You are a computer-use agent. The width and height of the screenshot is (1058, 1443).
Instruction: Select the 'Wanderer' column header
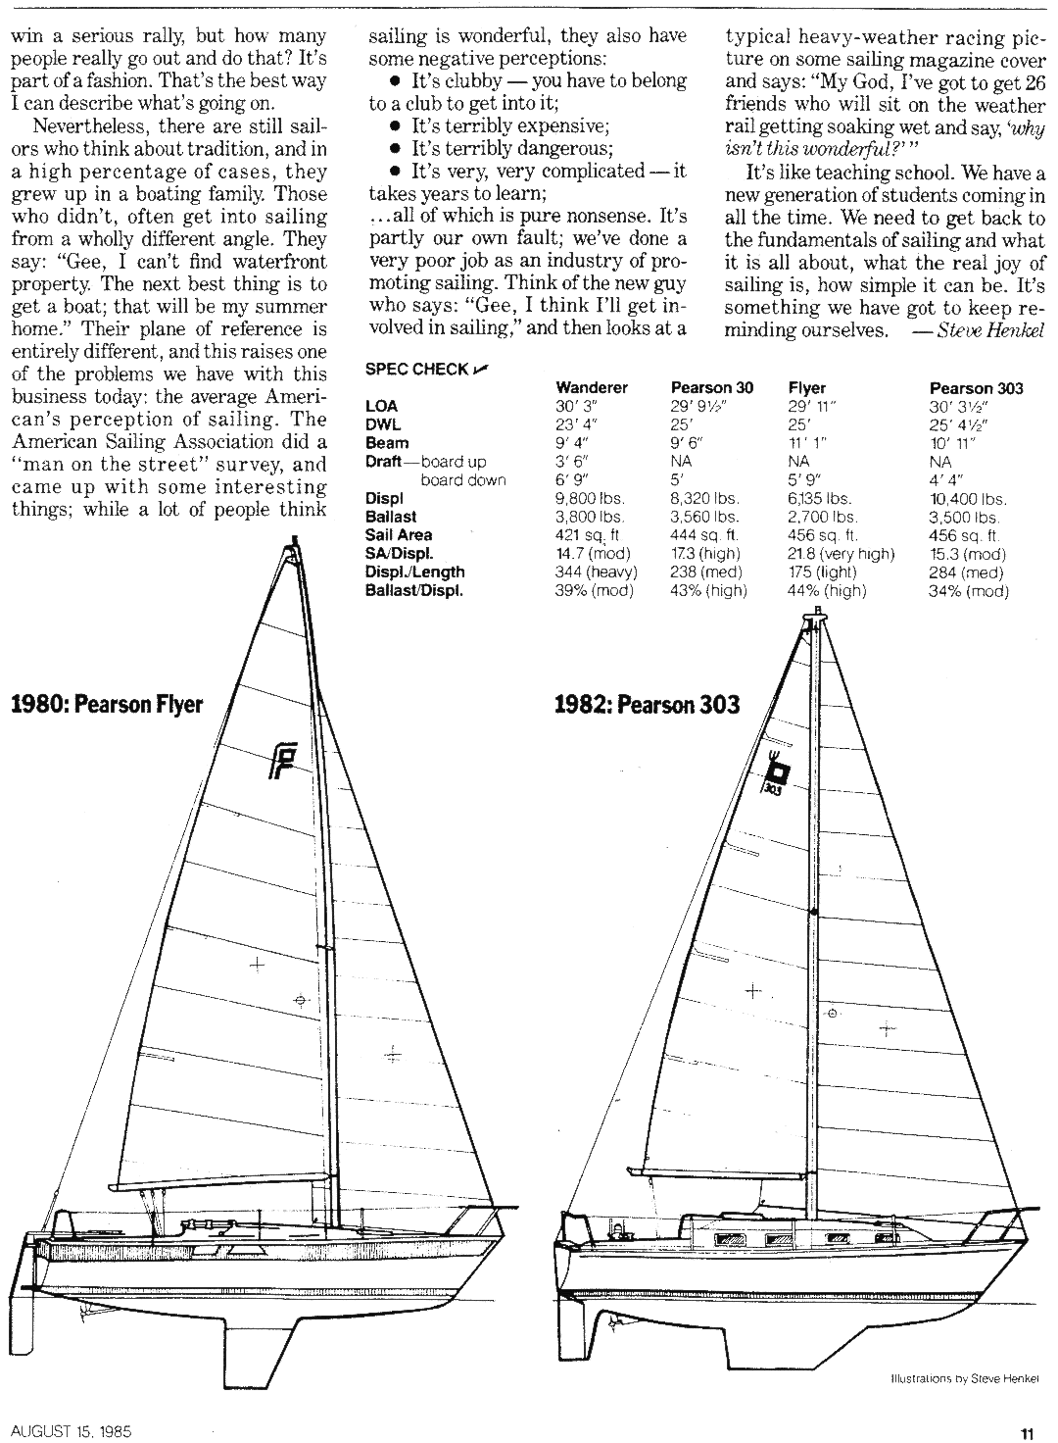(x=591, y=388)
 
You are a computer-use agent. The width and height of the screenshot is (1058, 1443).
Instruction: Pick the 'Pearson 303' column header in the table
(x=976, y=388)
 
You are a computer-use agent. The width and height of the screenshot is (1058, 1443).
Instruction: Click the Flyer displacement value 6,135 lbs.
(x=819, y=499)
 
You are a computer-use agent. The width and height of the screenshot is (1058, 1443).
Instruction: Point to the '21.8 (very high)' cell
(x=841, y=554)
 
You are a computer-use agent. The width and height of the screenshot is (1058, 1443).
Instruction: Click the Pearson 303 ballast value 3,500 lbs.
(x=963, y=518)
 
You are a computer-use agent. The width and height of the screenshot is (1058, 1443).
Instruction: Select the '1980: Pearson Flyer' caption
(x=106, y=704)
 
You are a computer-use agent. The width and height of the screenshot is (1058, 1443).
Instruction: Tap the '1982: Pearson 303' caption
(x=646, y=704)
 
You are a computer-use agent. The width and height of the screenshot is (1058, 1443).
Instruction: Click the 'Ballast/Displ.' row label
(x=413, y=591)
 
